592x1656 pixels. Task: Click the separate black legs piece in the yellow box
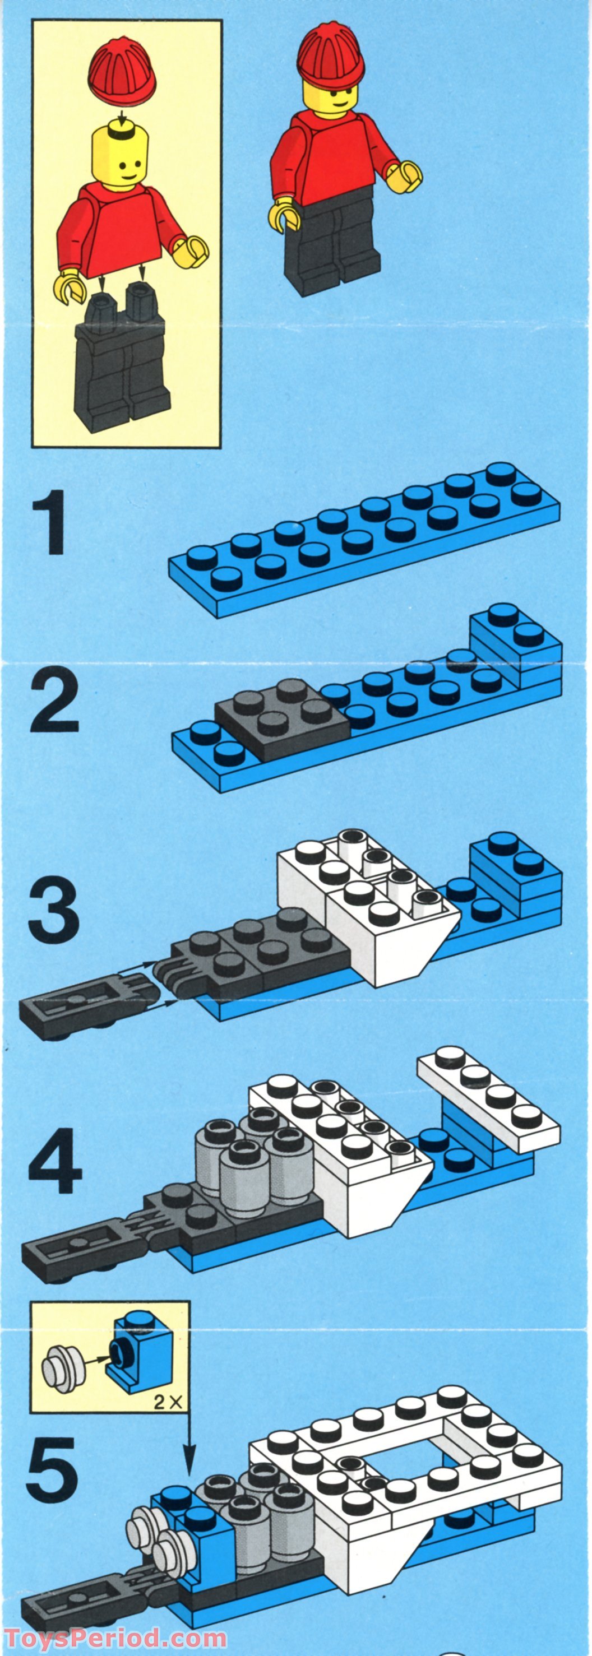point(124,367)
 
